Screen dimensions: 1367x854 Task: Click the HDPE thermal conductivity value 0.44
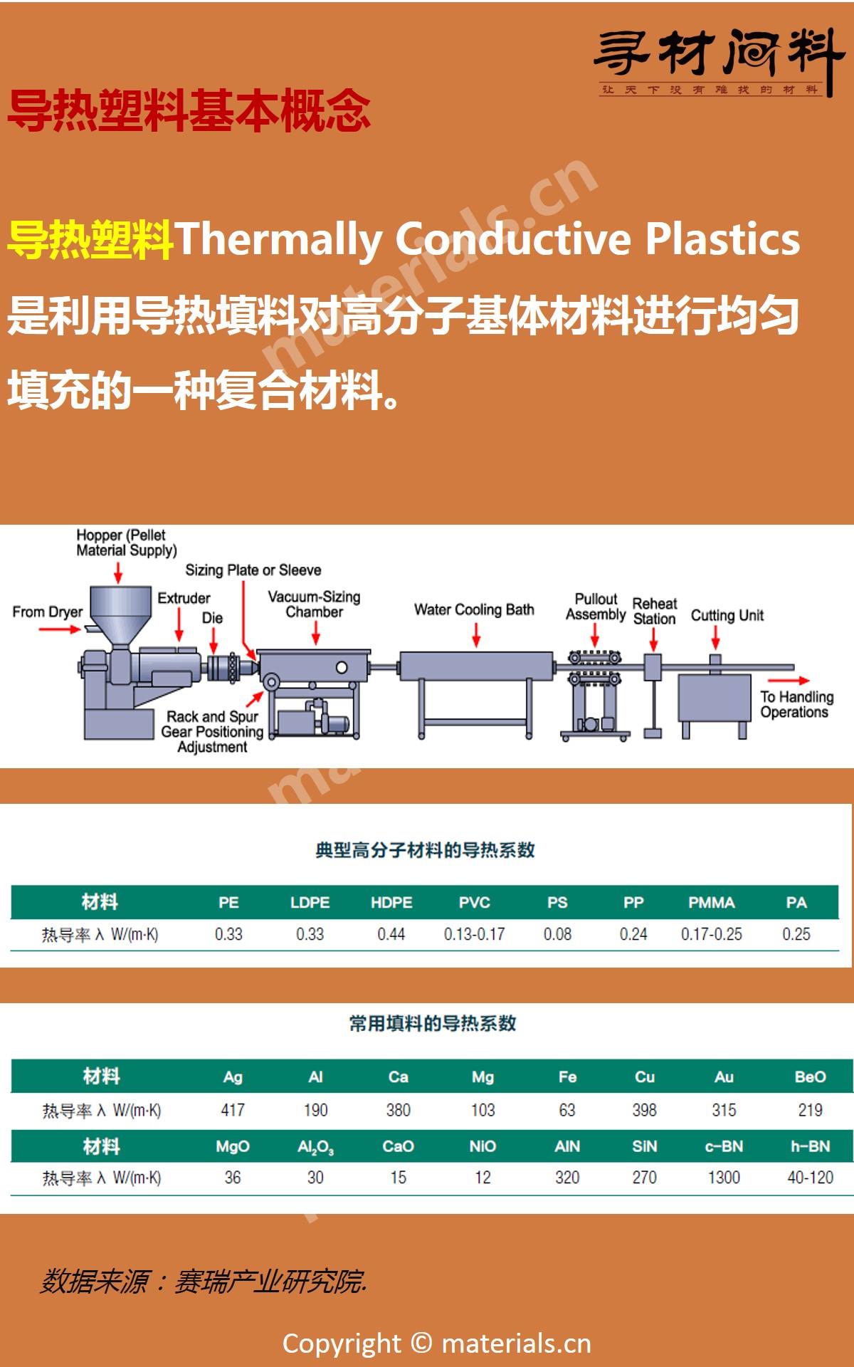point(391,934)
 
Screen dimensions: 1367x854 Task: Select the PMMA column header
point(711,903)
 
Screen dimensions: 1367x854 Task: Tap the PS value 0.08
point(557,934)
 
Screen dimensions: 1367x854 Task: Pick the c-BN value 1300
point(724,1178)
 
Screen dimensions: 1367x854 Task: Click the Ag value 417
point(233,1110)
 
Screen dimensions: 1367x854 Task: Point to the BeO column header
point(810,1077)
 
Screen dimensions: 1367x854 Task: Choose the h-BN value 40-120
point(810,1178)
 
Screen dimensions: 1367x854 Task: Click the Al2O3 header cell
point(315,1147)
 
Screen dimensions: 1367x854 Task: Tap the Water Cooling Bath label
point(474,609)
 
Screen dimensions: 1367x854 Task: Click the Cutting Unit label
point(727,615)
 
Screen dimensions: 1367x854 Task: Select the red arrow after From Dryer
point(60,630)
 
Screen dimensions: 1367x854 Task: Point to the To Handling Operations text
point(796,704)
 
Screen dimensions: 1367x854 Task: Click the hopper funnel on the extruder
point(120,609)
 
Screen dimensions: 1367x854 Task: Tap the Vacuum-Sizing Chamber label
point(314,604)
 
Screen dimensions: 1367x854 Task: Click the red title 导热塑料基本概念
point(189,112)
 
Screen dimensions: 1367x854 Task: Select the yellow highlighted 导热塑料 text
point(90,240)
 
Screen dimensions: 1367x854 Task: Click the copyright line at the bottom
point(436,1344)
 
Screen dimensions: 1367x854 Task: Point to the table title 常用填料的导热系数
point(432,1024)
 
